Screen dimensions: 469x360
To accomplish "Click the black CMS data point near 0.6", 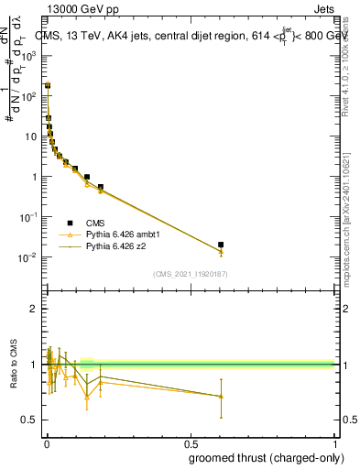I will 221,245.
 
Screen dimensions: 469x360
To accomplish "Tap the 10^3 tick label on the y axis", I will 28,56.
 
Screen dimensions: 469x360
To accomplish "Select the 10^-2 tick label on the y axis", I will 28,257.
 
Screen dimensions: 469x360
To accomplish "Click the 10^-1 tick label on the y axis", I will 28,217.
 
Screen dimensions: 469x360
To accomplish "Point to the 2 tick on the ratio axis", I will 34,309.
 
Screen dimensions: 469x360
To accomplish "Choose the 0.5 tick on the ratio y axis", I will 29,420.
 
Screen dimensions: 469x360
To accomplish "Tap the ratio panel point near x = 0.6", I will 221,396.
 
